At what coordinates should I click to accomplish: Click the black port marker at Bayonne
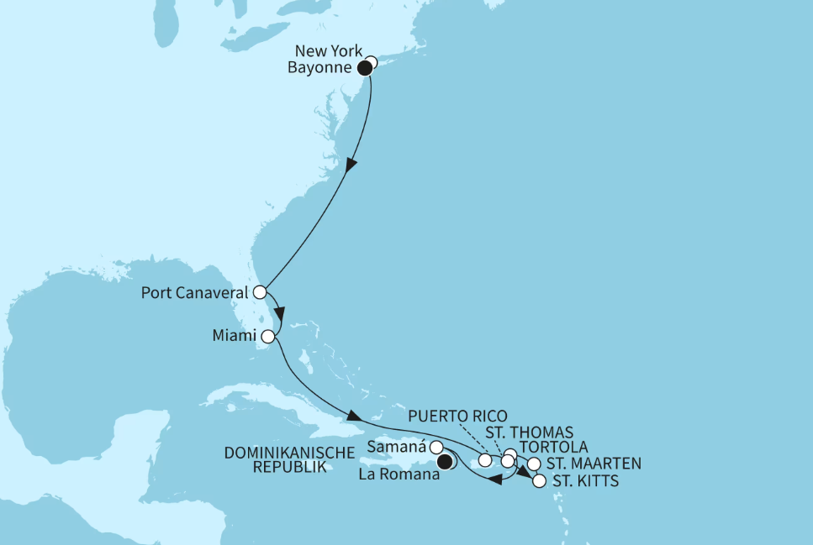pos(366,68)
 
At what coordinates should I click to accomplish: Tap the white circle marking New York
pos(371,61)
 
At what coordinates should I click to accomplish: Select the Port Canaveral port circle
pos(260,293)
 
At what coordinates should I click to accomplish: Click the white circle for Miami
pos(268,337)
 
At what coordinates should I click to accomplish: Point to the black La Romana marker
pos(445,461)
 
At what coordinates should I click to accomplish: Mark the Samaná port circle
pos(436,447)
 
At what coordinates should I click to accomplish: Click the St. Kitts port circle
pos(539,481)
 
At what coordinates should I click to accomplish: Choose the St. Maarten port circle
pos(533,464)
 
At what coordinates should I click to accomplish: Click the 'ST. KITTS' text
pos(579,482)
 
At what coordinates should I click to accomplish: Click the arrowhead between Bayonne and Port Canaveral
pos(351,166)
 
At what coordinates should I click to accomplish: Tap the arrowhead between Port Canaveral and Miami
pos(281,315)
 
